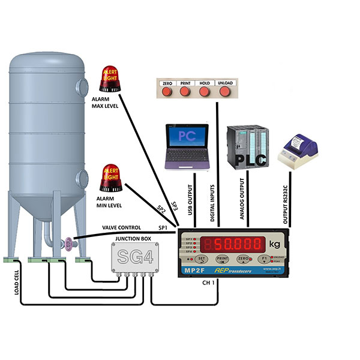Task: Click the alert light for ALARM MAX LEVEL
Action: [110, 78]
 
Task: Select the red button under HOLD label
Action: [204, 92]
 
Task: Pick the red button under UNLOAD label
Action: [225, 92]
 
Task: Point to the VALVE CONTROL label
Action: [122, 228]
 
